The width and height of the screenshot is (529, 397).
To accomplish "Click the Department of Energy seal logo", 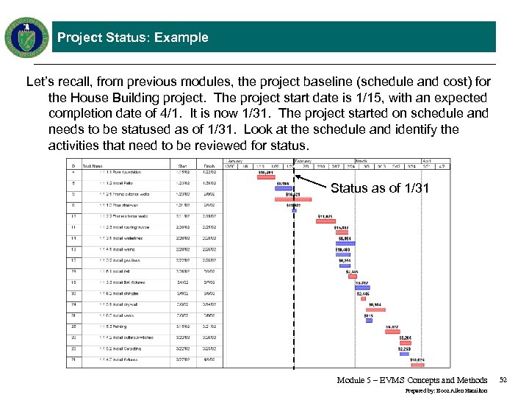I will click(x=27, y=36).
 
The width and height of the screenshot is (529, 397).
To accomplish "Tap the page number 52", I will click(x=503, y=380).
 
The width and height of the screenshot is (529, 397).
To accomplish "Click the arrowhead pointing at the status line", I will click(x=301, y=179).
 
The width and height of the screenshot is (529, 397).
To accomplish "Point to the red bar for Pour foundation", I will click(x=266, y=177).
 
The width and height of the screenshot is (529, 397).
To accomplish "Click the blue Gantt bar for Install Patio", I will click(x=283, y=189).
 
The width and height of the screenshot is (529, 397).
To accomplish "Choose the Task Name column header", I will click(x=93, y=165).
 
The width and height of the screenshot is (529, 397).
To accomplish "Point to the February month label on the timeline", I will click(x=303, y=160).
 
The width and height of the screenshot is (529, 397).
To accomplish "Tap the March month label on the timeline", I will click(x=362, y=160).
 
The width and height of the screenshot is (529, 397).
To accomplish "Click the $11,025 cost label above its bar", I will click(x=325, y=216).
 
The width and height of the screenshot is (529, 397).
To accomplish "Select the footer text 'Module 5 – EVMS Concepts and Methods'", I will click(x=412, y=380).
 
